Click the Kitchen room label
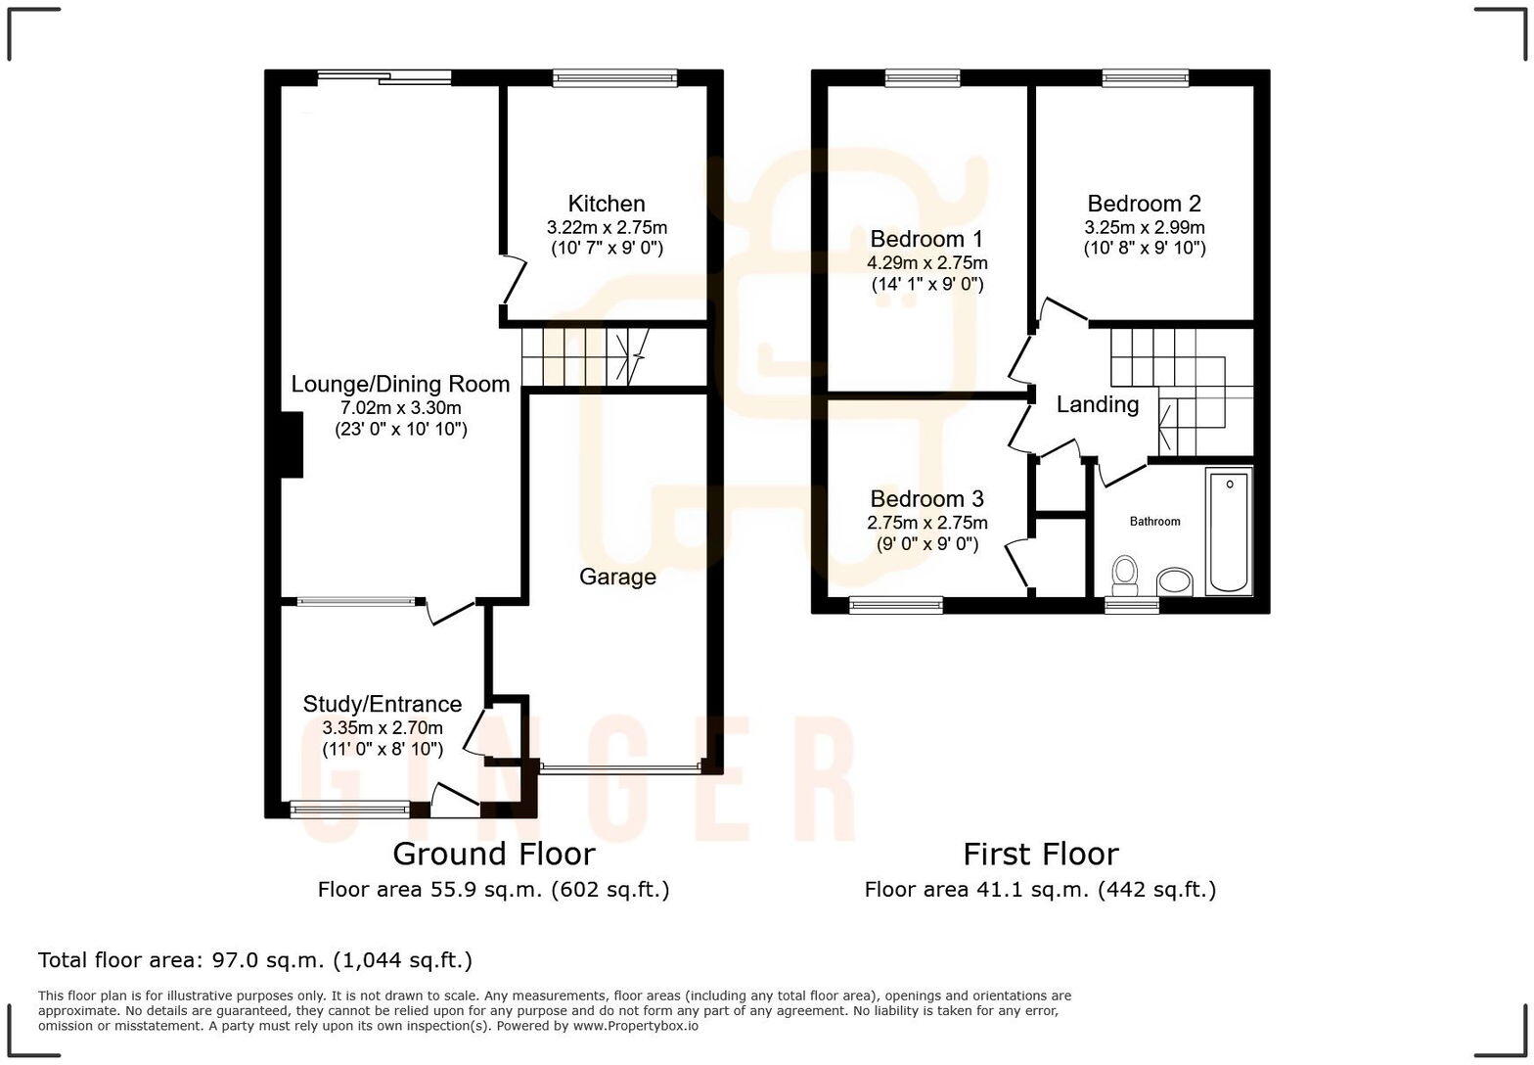pos(607,204)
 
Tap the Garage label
pos(617,577)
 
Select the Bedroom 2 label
pos(1144,204)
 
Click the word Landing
pos(1097,404)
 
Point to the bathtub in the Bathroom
pos(1229,532)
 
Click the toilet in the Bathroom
pos(1125,575)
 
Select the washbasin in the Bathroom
pos(1175,582)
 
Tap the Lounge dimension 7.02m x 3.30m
pos(400,408)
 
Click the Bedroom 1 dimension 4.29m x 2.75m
pos(926,262)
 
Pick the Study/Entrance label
pos(382,704)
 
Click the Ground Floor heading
pos(493,854)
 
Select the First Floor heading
pos(1040,854)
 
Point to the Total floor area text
pos(254,959)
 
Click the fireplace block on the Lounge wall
pos(292,445)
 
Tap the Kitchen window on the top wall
pos(614,78)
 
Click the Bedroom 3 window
pos(896,605)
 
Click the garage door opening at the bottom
pos(620,769)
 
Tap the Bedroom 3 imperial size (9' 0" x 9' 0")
pos(926,544)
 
